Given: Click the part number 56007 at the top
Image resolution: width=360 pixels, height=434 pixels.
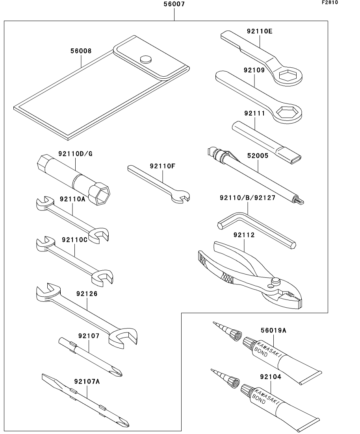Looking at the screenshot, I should (174, 5).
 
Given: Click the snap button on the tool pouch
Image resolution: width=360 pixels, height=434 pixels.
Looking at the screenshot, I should (146, 59).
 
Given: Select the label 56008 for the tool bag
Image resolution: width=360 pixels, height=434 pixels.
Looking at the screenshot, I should (81, 51).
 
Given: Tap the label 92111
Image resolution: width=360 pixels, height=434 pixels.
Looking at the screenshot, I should (255, 113).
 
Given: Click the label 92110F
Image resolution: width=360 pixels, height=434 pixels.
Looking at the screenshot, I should (162, 166).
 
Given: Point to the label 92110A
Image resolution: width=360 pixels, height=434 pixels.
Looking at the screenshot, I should (72, 199).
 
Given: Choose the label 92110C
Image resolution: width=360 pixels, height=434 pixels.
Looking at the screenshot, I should (74, 240).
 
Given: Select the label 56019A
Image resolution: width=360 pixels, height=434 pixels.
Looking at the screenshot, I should (273, 331).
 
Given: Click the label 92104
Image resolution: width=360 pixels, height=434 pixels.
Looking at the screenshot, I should (271, 377).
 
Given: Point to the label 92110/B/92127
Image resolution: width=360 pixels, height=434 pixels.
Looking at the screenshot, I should (247, 198).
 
